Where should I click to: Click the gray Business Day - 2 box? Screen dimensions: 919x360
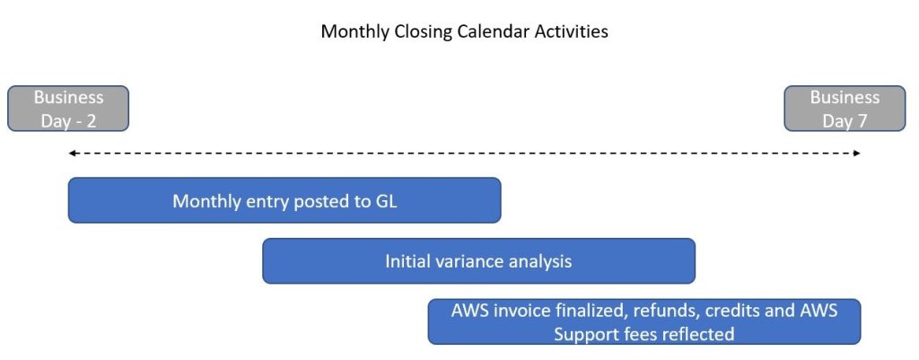68,109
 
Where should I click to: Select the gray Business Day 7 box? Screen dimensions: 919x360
845,109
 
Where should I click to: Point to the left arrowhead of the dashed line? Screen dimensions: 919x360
72,154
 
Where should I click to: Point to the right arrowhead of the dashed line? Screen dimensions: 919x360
857,154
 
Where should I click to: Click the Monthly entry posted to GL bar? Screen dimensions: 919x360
284,200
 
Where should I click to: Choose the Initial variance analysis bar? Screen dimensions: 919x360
479,261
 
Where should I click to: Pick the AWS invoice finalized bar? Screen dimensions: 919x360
644,321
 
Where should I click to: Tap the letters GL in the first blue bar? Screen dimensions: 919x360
386,201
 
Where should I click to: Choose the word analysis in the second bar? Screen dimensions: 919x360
540,262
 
